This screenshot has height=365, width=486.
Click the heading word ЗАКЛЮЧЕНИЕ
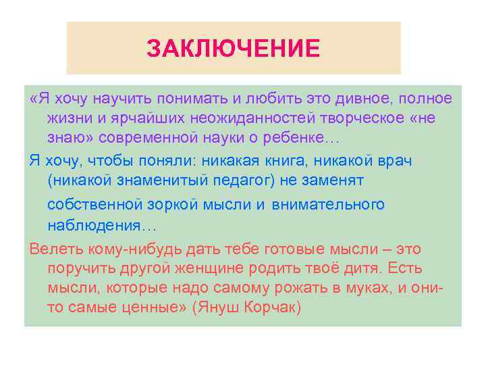[233, 48]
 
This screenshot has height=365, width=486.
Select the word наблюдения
[92, 224]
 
